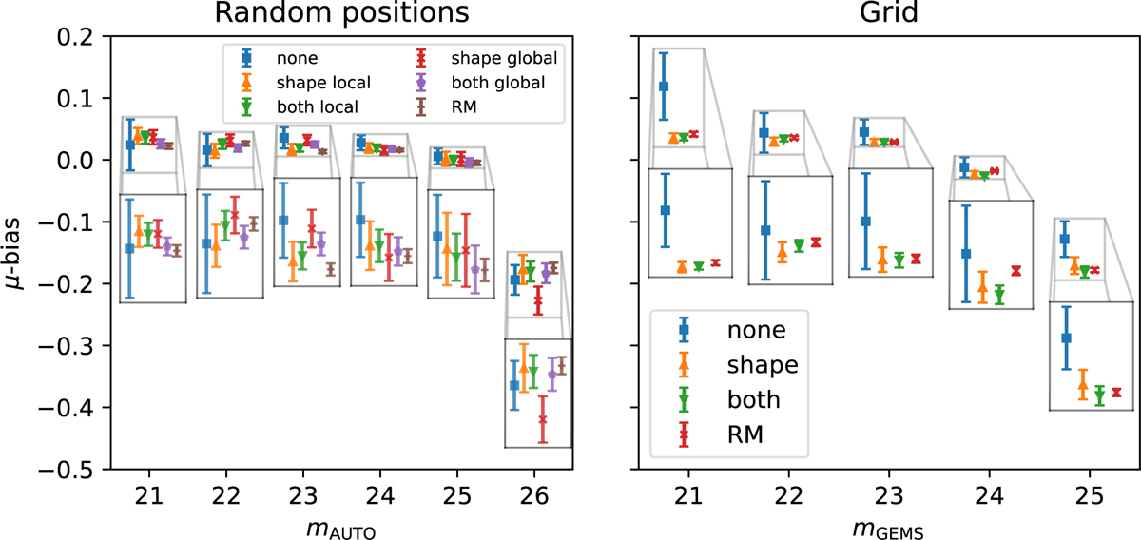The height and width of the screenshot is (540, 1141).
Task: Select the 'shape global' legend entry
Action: point(501,59)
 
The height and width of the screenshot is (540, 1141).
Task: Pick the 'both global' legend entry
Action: point(499,82)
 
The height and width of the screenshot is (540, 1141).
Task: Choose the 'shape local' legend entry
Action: point(320,82)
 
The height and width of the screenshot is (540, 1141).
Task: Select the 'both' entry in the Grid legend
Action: point(752,398)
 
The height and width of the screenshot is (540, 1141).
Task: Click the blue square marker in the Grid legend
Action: point(684,329)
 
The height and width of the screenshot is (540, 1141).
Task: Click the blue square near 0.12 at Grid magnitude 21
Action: point(664,87)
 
